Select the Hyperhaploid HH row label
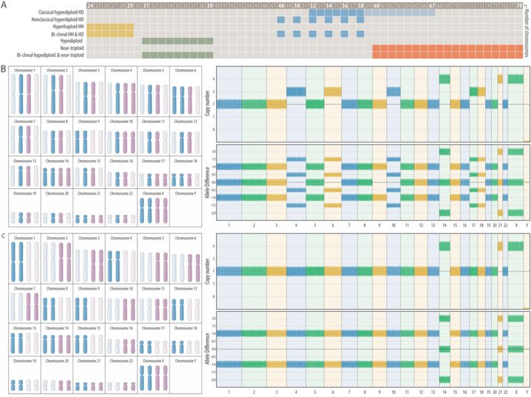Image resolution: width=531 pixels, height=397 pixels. pos(61,29)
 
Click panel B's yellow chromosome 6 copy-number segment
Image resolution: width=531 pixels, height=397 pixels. pos(332,91)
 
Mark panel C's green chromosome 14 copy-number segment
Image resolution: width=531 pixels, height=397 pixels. pos(444,246)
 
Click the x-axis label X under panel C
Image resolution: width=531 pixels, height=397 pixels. pos(515,392)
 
